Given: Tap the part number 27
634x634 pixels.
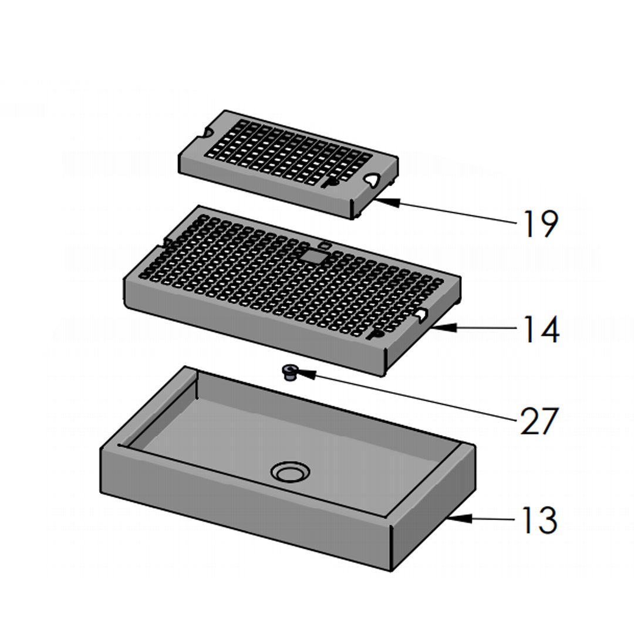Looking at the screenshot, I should [x=538, y=421].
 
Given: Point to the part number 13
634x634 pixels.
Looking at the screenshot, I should [x=538, y=520].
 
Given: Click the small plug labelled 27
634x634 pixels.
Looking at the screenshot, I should [x=288, y=372].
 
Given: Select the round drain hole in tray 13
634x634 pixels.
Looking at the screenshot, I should [x=289, y=471].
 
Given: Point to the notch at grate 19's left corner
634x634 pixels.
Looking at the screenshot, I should [x=205, y=134].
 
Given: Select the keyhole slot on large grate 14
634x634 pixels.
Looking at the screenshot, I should [x=376, y=335].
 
